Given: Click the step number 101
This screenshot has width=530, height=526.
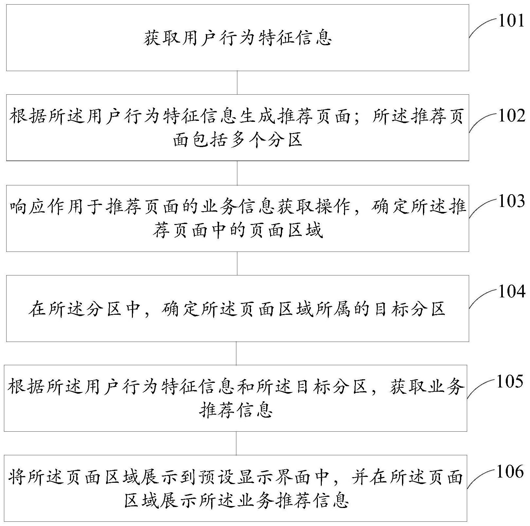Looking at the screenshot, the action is click(x=511, y=21).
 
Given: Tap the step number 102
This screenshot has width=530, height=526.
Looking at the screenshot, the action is click(x=511, y=116).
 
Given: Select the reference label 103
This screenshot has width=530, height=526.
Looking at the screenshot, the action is click(x=511, y=201).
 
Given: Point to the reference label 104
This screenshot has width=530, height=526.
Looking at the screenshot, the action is click(x=511, y=291).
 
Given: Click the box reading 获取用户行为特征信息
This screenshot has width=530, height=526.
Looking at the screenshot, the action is click(x=238, y=38).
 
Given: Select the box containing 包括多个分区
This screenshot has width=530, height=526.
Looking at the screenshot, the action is click(x=238, y=128).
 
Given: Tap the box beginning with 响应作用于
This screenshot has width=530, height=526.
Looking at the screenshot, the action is click(x=238, y=218).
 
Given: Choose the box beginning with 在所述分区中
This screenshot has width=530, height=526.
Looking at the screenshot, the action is click(x=238, y=309).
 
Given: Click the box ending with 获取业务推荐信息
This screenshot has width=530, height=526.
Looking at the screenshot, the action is click(x=235, y=398).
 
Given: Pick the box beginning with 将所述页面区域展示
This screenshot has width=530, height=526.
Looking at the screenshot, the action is click(x=235, y=488).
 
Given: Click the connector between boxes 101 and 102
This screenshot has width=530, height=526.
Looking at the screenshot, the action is click(x=237, y=83).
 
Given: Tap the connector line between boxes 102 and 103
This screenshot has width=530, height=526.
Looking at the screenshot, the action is click(x=237, y=173).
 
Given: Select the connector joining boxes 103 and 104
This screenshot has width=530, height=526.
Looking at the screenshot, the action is click(x=237, y=264).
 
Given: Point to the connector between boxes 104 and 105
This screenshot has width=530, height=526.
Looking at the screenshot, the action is click(x=236, y=354).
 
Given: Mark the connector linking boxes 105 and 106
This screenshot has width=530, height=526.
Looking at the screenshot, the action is click(x=236, y=443).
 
